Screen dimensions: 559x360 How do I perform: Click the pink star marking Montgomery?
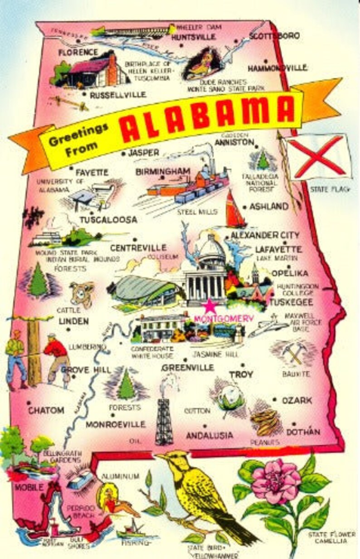tap(209, 306)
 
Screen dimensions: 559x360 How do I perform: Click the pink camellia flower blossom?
tap(276, 481)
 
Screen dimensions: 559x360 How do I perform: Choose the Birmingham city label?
tap(162, 171)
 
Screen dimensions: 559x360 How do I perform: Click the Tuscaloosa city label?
tap(108, 220)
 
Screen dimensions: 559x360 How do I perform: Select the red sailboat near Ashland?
tap(234, 211)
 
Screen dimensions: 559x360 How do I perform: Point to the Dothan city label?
tap(303, 432)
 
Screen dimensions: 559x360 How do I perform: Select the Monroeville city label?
tap(116, 425)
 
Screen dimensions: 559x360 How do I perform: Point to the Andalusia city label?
tap(209, 435)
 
